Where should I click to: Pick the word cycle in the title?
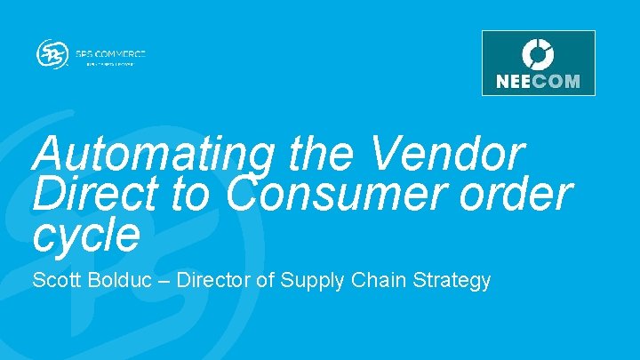[86, 234]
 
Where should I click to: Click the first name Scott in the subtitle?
[55, 281]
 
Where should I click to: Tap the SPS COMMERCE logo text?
[115, 53]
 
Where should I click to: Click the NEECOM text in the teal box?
[538, 81]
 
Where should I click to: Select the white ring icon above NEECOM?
[538, 53]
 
